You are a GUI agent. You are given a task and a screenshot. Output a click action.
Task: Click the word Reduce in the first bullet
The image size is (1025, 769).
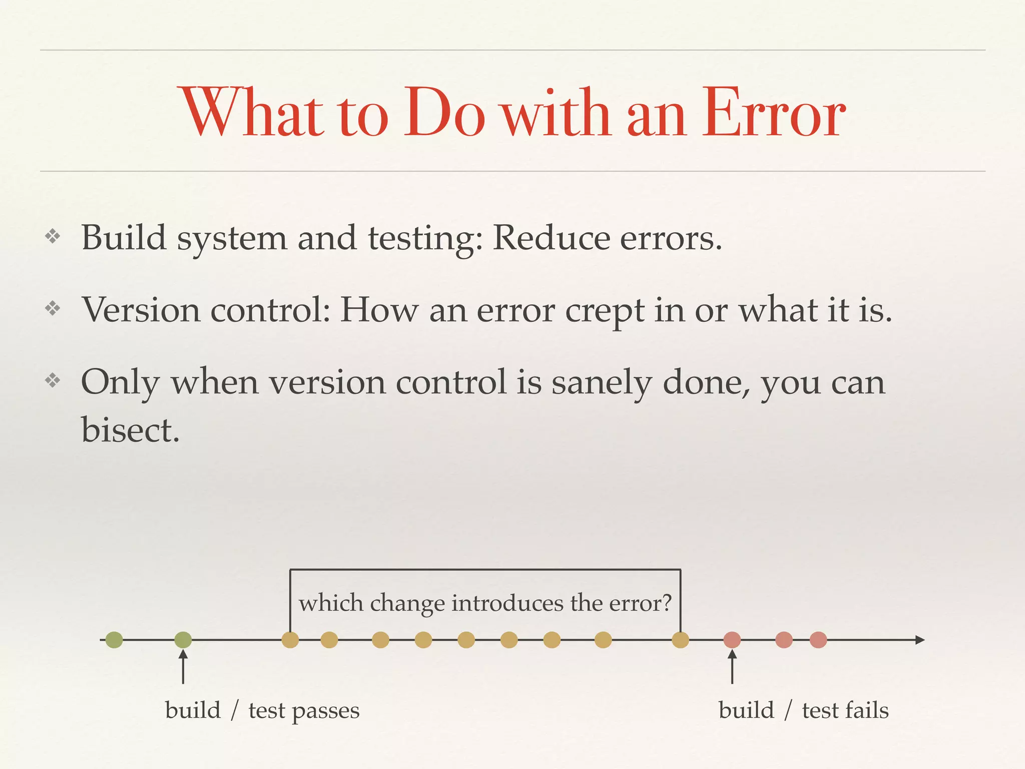551,238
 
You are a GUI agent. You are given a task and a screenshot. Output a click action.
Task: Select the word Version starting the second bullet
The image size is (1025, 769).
141,310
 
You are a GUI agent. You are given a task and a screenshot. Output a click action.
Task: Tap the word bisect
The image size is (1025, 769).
130,430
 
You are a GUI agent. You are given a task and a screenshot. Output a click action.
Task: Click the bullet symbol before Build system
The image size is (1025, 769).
53,236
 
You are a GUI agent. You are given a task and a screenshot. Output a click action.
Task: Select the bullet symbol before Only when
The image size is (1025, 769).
53,381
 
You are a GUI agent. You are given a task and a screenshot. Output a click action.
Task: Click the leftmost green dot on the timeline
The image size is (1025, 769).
114,640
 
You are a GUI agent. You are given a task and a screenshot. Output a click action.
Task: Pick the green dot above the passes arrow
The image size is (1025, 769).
183,640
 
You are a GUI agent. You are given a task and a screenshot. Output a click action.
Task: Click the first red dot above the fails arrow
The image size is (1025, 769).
732,640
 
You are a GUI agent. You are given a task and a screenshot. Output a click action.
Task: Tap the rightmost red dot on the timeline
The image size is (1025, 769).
818,640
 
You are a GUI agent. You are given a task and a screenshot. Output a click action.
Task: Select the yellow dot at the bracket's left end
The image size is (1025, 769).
290,640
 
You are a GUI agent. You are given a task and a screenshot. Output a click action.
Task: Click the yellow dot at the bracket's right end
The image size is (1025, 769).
680,640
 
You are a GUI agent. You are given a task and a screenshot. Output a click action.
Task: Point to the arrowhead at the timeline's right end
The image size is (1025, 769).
919,640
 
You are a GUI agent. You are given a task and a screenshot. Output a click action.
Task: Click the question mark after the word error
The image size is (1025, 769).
666,603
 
